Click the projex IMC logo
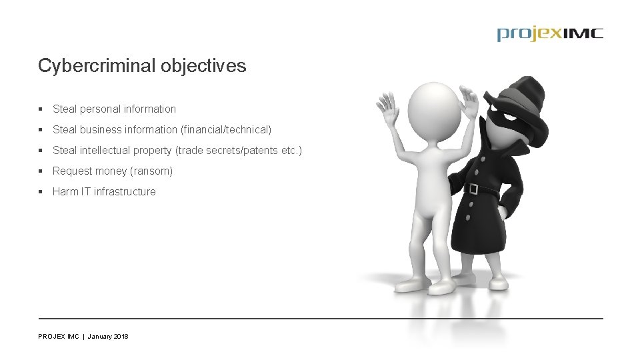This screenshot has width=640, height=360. pyautogui.click(x=549, y=34)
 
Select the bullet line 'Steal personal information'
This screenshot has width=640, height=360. pyautogui.click(x=114, y=109)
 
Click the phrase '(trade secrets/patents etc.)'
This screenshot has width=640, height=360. pyautogui.click(x=238, y=150)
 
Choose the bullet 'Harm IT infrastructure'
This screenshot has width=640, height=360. pyautogui.click(x=104, y=191)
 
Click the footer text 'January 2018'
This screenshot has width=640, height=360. pyautogui.click(x=108, y=337)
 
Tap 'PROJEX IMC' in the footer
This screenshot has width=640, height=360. pyautogui.click(x=59, y=337)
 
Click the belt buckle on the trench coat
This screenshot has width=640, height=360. pyautogui.click(x=473, y=189)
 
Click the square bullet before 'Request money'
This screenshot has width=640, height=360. pyautogui.click(x=41, y=171)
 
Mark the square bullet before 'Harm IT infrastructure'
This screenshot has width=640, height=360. pyautogui.click(x=41, y=191)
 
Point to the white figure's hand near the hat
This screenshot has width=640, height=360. pyautogui.click(x=471, y=102)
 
